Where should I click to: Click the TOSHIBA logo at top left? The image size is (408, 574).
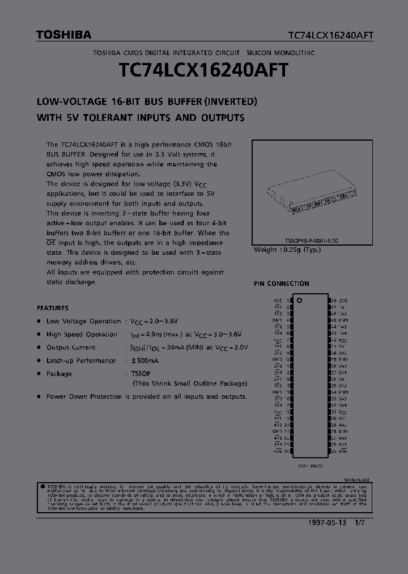tap(63, 35)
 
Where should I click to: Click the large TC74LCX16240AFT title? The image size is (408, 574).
tap(203, 71)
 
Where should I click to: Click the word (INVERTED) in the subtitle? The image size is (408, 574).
tap(231, 102)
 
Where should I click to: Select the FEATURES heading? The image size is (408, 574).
tap(53, 308)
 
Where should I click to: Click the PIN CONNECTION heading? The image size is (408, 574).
tap(281, 284)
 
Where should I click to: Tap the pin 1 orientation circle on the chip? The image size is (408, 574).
tap(300, 300)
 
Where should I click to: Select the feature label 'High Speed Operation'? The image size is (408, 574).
tap(82, 335)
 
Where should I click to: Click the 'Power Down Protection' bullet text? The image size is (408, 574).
tap(84, 396)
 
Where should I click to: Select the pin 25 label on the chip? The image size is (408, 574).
tap(334, 451)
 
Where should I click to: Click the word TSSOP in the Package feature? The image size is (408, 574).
tap(135, 374)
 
